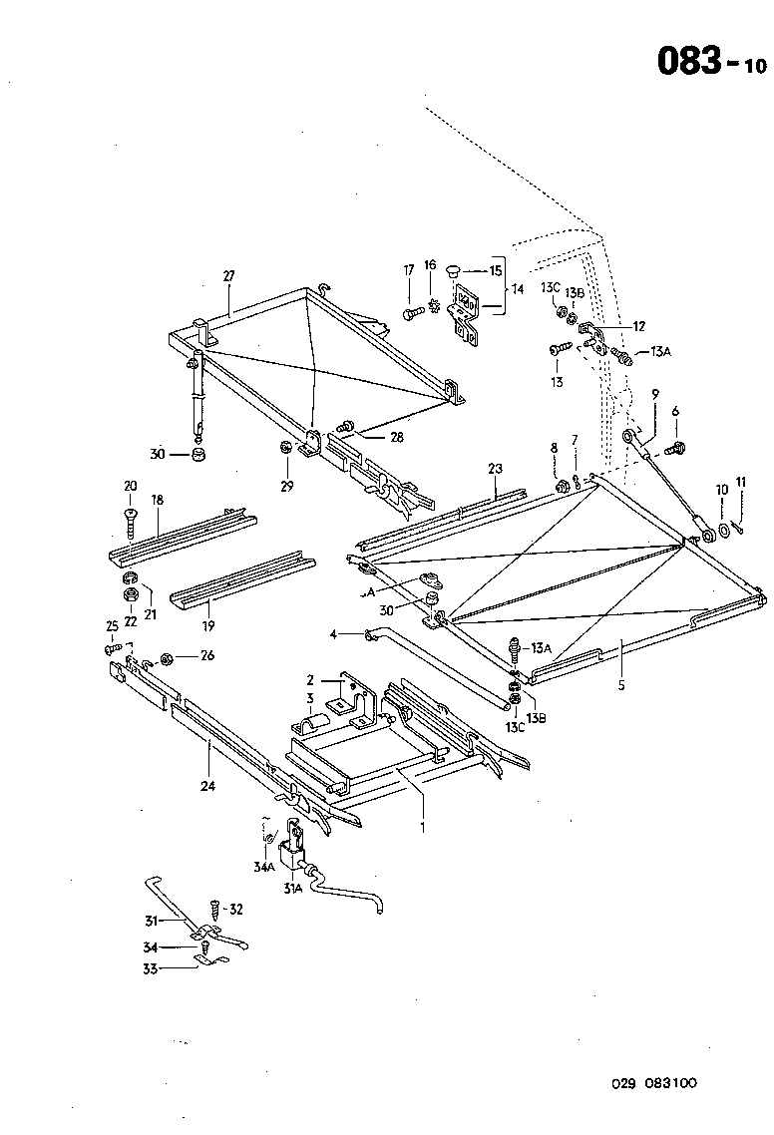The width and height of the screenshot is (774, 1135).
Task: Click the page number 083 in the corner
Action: tap(688, 61)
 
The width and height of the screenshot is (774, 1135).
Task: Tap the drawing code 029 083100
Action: tap(654, 1082)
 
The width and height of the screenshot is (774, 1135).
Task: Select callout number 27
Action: tap(227, 276)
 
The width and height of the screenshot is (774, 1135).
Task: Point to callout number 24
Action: tap(207, 785)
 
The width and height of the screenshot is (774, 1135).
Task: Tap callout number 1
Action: tap(422, 827)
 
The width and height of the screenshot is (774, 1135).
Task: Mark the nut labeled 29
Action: tap(285, 448)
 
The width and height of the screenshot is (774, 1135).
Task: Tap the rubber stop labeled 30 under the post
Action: tap(197, 456)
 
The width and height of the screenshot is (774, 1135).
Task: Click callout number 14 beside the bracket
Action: tap(517, 289)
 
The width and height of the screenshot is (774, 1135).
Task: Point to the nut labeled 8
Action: tap(561, 486)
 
